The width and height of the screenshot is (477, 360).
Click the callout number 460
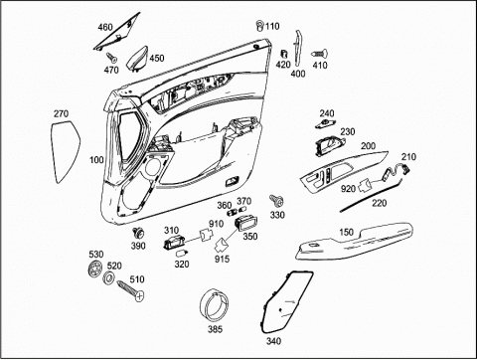coord(105,27)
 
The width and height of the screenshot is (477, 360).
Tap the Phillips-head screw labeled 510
coord(130,290)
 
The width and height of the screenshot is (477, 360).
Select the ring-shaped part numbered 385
coord(215,304)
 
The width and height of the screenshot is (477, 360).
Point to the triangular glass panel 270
coord(66,151)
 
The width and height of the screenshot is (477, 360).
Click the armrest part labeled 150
coord(355,242)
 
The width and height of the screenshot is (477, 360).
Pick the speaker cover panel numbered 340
coord(286,301)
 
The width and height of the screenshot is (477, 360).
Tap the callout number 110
coord(272,26)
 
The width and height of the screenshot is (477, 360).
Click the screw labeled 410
coord(320,54)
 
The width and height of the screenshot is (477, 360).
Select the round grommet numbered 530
coord(95,269)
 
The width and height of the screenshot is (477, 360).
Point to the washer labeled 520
coord(108,277)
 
